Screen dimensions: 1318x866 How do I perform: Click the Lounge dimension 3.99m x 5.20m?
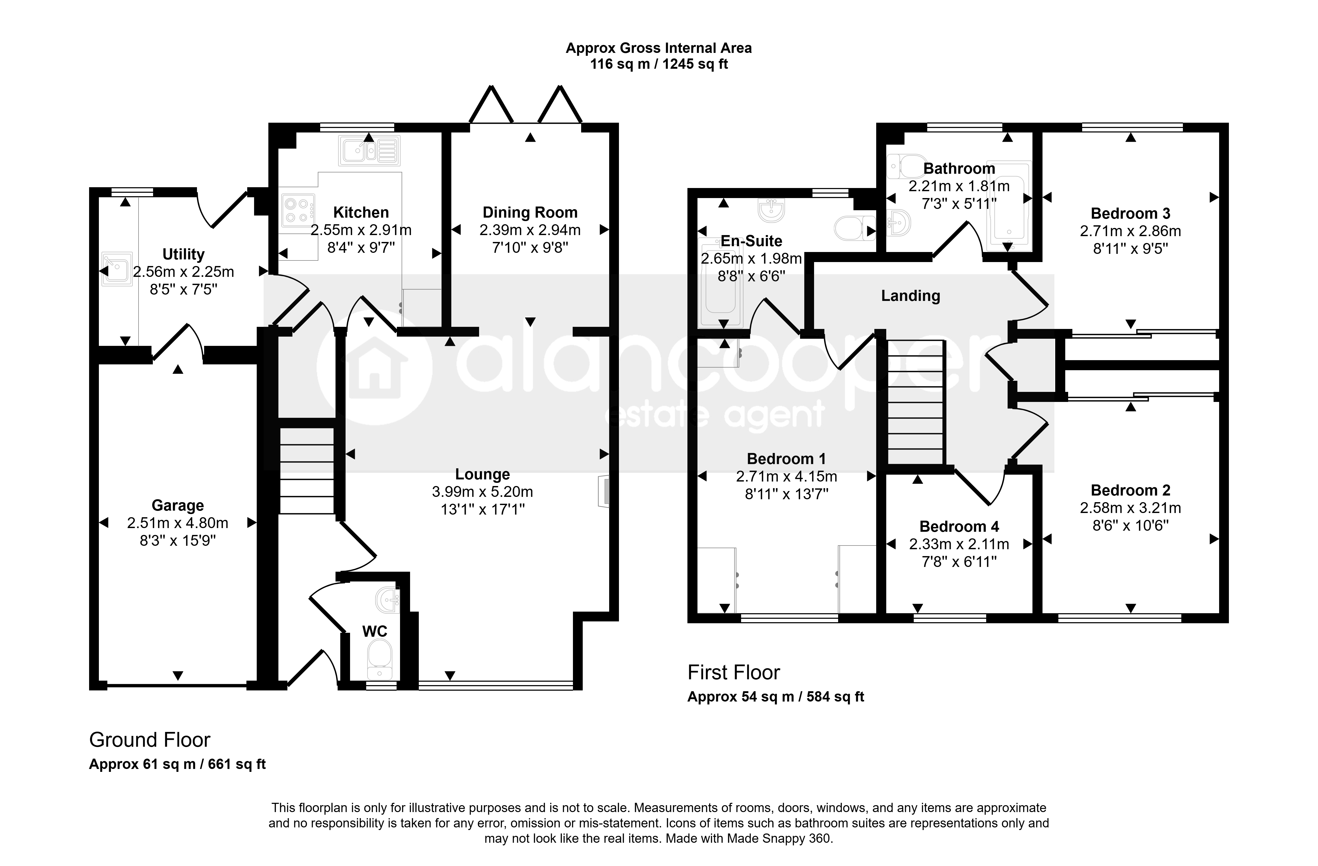coord(482,492)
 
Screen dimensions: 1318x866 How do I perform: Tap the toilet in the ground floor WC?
coord(380,659)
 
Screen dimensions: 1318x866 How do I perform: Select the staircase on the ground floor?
coord(307,471)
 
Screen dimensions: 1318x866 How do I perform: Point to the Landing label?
coord(910,296)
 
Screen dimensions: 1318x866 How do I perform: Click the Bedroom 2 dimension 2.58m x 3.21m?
coord(1130,508)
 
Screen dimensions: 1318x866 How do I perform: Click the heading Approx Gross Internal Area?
coord(658,48)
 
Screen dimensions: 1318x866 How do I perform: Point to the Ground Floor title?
coord(150,740)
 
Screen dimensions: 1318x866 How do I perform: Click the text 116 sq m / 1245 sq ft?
coord(658,64)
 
